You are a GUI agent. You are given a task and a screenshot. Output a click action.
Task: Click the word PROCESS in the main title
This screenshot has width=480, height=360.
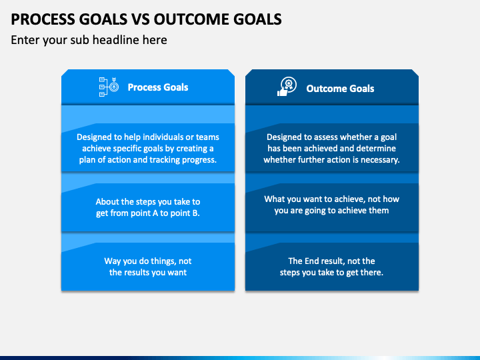pos(43,19)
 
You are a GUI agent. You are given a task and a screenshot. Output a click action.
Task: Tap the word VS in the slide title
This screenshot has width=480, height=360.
pos(141,19)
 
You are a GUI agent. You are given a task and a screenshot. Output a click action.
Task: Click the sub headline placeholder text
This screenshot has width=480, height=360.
pos(89,40)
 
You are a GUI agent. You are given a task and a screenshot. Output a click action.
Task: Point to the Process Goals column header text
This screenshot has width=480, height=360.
pos(158,87)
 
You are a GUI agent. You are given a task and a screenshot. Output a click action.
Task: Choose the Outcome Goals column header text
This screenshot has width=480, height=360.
pos(340,89)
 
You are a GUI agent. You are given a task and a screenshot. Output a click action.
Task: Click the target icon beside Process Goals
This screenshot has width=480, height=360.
pos(109,87)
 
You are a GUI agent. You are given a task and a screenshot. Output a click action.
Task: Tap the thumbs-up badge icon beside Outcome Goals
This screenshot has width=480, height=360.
pos(287,87)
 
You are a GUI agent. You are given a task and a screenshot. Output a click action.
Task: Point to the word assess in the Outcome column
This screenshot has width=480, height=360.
pos(320,137)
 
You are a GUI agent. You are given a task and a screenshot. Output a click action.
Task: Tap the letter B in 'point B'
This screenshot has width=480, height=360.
pos(195,213)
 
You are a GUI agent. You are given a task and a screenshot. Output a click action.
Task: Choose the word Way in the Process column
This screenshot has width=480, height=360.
pos(113,261)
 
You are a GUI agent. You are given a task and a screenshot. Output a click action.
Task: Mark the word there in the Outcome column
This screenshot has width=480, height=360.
pos(373,273)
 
